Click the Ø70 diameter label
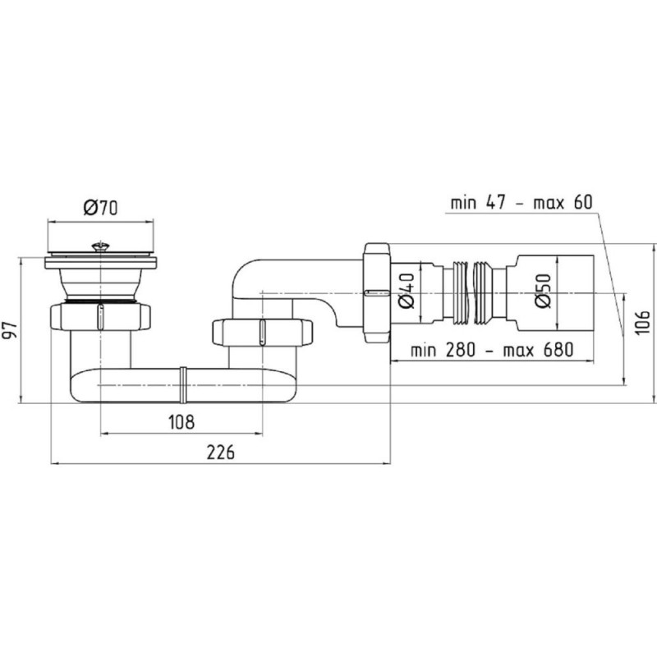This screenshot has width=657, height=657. [x=100, y=208]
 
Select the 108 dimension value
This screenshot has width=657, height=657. [x=181, y=422]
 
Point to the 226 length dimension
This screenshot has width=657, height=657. [x=220, y=453]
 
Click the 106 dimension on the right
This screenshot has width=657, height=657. [x=643, y=323]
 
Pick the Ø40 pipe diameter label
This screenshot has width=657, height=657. [x=406, y=291]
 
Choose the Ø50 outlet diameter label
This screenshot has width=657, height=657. [x=543, y=291]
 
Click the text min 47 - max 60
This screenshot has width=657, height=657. [x=521, y=203]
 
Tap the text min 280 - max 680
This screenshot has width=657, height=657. [x=491, y=350]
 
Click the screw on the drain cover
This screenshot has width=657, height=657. [x=100, y=246]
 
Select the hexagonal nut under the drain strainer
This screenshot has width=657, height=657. [x=100, y=317]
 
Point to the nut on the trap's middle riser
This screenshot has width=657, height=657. [x=262, y=333]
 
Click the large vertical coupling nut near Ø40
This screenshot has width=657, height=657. [x=377, y=293]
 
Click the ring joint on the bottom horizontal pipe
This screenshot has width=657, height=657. [x=183, y=384]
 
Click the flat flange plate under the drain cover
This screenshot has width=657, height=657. [x=100, y=263]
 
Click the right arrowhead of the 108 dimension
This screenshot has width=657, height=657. [x=259, y=434]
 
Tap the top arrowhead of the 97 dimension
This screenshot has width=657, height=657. [x=21, y=260]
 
